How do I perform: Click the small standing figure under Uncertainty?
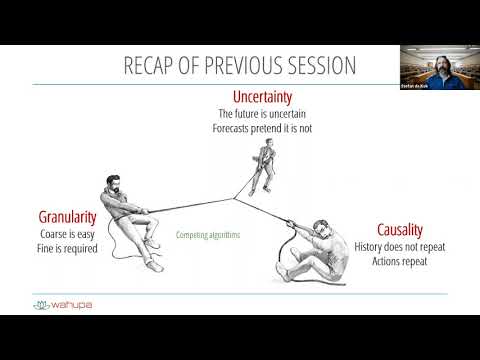(x=263, y=166)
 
